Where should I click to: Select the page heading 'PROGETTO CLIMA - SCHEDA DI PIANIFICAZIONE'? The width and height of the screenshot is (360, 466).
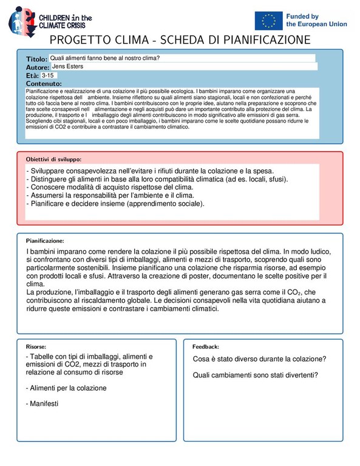180,40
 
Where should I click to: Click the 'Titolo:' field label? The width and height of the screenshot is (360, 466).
36,59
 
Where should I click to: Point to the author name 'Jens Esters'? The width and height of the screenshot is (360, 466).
67,66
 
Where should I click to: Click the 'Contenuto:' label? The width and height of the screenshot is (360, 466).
44,84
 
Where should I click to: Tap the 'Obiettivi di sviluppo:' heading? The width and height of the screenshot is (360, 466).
58,158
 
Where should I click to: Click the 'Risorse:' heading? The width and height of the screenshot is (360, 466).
36,346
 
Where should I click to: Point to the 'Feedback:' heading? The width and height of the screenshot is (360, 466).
206,346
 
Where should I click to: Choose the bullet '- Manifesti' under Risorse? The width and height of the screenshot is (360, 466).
44,404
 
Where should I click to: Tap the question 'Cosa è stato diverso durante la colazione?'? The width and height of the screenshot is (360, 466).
259,359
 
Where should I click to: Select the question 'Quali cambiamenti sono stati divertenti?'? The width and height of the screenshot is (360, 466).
256,374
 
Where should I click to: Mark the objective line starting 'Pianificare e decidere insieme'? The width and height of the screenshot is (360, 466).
115,204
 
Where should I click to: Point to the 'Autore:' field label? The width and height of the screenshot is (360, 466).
38,67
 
